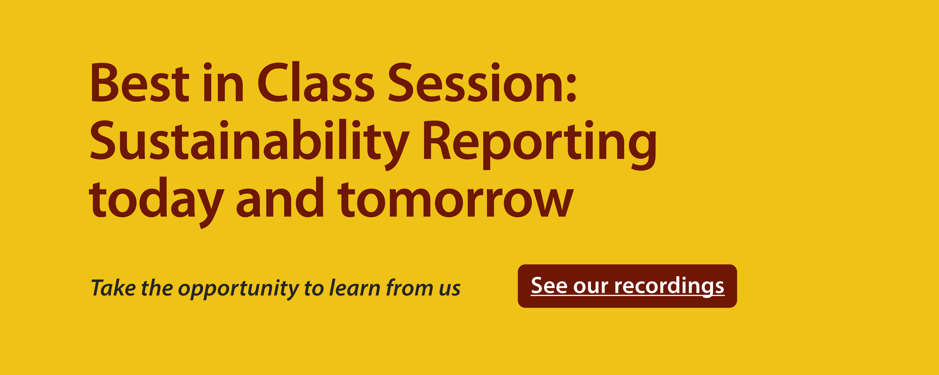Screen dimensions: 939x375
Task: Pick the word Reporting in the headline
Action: (540, 145)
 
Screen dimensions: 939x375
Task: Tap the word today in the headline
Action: (156, 202)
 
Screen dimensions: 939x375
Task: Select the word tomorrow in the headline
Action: (456, 199)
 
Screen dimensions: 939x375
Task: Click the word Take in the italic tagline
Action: (113, 287)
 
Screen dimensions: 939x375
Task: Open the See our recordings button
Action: (627, 286)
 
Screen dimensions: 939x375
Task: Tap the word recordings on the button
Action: (669, 286)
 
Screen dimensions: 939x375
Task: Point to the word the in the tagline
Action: (157, 287)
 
